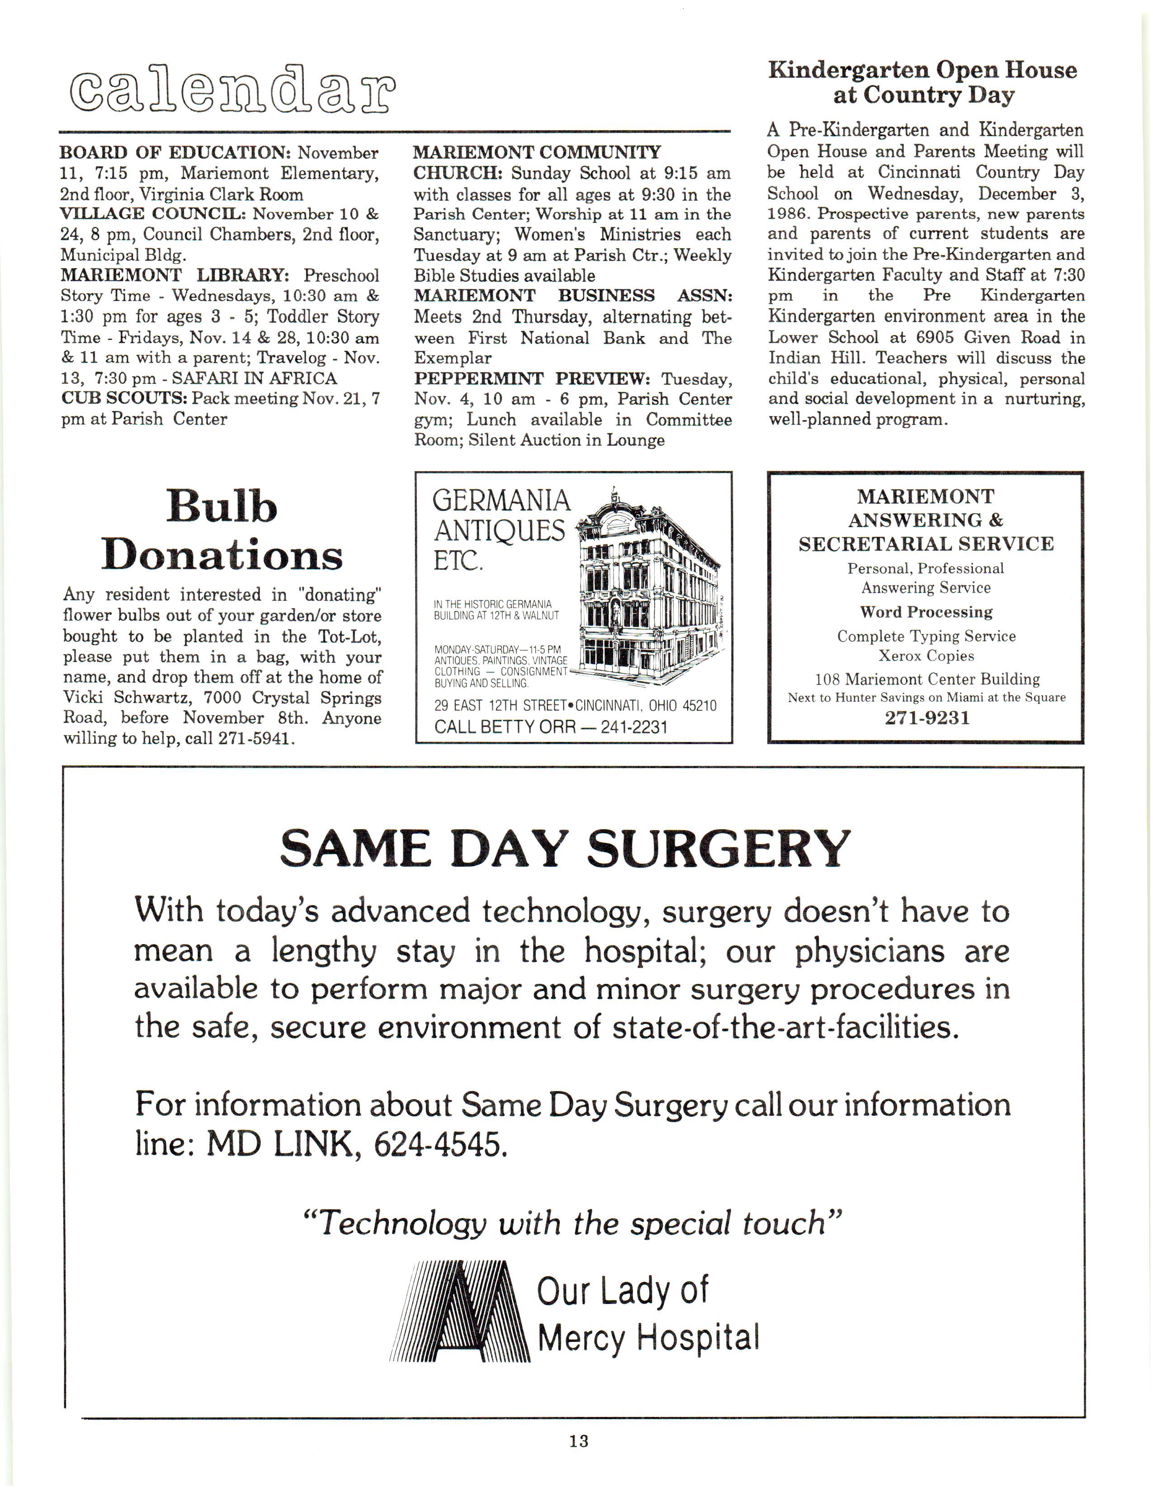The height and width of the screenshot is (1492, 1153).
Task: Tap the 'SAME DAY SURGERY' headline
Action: pyautogui.click(x=565, y=849)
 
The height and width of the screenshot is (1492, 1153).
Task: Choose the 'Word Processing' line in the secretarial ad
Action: pyautogui.click(x=926, y=612)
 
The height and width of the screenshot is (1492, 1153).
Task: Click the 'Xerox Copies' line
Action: pyautogui.click(x=926, y=656)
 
